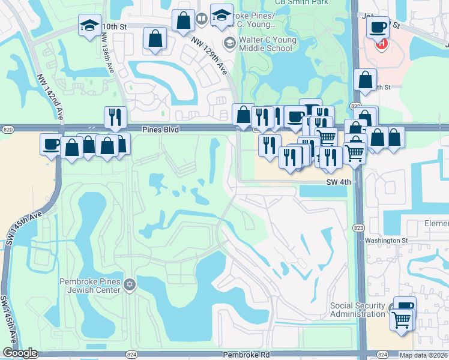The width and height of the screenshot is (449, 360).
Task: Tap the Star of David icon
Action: (x=130, y=286)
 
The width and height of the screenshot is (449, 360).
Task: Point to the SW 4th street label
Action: (x=338, y=182)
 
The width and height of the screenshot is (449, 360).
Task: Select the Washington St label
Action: (x=387, y=241)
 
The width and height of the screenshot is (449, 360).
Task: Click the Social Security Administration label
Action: (x=358, y=310)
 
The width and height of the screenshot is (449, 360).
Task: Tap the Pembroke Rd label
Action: (x=246, y=355)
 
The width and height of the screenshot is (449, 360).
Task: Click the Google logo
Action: (x=20, y=353)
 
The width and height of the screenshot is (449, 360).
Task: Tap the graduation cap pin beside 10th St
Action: (x=90, y=25)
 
